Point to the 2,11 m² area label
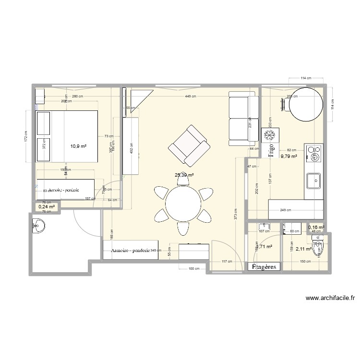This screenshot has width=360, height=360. (303, 249)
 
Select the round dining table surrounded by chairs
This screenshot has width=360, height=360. (183, 203)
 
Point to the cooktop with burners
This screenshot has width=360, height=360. (314, 154)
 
